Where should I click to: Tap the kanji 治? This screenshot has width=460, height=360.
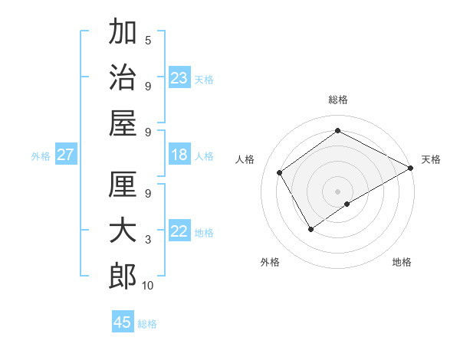coord(123,77)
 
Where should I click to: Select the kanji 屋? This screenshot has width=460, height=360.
coord(123,123)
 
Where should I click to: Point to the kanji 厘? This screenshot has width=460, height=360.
coord(123,186)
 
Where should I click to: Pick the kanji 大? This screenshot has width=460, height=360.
coord(123,231)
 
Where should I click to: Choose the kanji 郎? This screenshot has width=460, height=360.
coord(123,277)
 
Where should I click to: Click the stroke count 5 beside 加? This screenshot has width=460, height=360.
coord(148,41)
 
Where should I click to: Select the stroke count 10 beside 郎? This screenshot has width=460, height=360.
coord(148,286)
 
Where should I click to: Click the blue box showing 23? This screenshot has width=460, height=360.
coord(179,78)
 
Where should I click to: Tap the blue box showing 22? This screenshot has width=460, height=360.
coord(179,232)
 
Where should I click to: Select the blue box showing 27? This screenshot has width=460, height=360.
coord(66,155)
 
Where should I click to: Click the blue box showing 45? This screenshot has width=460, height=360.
coord(123,322)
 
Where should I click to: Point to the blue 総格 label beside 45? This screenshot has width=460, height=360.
coord(147,324)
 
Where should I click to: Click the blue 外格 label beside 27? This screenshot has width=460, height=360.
coord(41,156)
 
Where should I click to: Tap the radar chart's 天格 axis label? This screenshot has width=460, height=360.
coord(431,159)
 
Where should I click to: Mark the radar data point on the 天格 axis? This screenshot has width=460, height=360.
coord(411,168)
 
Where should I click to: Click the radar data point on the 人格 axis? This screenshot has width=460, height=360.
coord(280,172)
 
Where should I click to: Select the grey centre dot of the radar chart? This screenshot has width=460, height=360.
coord(337,190)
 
